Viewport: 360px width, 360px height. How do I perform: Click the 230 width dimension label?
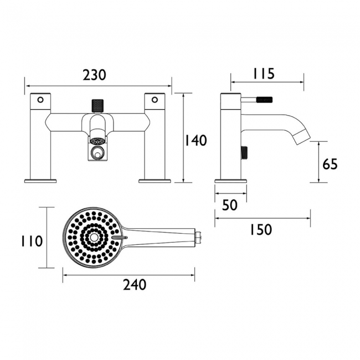(x=94, y=75)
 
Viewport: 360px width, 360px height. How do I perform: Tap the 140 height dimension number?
(x=196, y=141)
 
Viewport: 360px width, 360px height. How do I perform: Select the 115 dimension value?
(x=264, y=74)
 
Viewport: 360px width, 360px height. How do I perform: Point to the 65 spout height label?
(x=330, y=164)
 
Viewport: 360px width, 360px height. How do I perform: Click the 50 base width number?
(x=230, y=205)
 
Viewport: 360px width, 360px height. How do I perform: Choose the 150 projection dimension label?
(x=261, y=230)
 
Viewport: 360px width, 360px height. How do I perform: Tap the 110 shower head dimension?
(x=32, y=241)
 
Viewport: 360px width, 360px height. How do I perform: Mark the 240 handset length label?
(x=135, y=285)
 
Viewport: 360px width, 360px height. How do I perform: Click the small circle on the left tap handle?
(x=40, y=100)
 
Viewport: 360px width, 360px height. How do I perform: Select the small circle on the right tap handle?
(x=155, y=100)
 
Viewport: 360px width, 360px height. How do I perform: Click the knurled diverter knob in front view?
(x=97, y=106)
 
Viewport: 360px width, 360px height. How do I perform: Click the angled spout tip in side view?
(x=302, y=138)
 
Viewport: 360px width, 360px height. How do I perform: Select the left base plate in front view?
(x=40, y=181)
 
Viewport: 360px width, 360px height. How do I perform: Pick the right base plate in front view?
(x=155, y=181)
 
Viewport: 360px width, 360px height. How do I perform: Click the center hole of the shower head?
(x=94, y=238)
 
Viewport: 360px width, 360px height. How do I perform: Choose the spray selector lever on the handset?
(x=120, y=238)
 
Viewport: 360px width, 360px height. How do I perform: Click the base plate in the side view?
(x=231, y=181)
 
